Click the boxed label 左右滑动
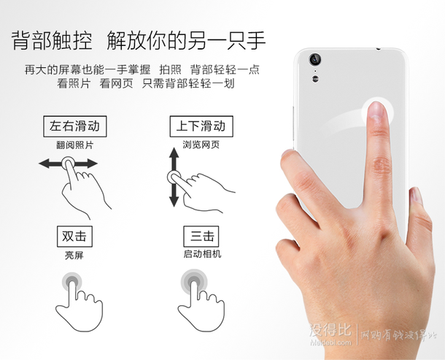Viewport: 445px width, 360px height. tap(75, 126)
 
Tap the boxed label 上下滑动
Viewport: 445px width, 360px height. tap(201, 126)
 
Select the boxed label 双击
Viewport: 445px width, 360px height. tap(74, 237)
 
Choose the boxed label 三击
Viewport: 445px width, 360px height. tap(201, 237)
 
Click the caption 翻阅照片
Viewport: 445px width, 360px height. tap(75, 145)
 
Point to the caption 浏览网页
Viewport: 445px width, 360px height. tap(201, 145)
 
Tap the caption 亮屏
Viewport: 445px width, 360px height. tap(74, 255)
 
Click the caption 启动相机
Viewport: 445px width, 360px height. tap(202, 253)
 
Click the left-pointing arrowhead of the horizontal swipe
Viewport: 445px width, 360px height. tap(44, 164)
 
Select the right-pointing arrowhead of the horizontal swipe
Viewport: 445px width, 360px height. tap(92, 164)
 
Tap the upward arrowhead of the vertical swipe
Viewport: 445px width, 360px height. tap(174, 153)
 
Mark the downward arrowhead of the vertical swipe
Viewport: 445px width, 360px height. tap(174, 201)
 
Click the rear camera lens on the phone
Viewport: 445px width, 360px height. tap(314, 59)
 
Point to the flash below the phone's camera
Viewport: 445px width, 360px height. tap(315, 78)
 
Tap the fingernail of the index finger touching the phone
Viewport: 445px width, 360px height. tap(376, 110)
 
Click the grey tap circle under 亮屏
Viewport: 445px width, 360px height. tap(71, 282)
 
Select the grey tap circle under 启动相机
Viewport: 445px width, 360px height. tap(194, 282)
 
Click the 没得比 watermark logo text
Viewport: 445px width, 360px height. tap(330, 331)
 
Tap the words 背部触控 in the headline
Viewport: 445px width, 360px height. tap(52, 41)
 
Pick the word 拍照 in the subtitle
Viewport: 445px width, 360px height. tap(170, 69)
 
